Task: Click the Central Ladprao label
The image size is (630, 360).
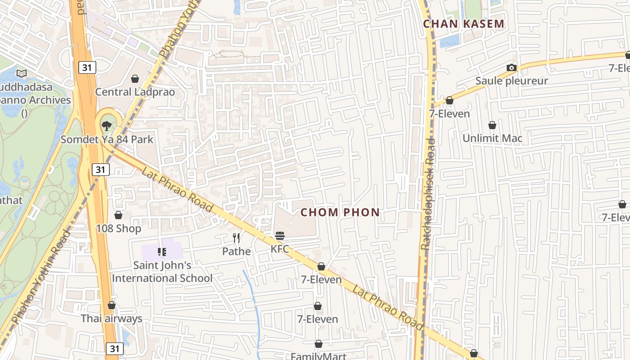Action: pos(135,92)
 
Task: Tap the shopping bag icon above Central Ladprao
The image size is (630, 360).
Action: pos(135,79)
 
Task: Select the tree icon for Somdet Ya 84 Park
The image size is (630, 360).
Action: pos(107,126)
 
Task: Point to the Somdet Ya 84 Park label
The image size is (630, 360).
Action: pos(107,139)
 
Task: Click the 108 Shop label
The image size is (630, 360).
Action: pos(118,229)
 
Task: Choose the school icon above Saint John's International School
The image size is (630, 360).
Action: pos(162,252)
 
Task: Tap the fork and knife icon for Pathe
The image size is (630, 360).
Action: pos(236,238)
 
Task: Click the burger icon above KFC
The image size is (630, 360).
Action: pos(280,235)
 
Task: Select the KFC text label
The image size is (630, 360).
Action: pos(280,249)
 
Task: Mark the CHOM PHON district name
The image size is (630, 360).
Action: pos(340,212)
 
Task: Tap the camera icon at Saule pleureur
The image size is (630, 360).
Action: pos(512,68)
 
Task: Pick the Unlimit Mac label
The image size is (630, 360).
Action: pos(492,138)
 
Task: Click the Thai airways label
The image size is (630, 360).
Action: pos(111,319)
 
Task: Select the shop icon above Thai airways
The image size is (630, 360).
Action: pos(111,306)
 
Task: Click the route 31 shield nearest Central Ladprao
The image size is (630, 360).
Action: pos(87,67)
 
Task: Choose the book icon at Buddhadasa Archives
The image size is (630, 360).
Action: pos(21,73)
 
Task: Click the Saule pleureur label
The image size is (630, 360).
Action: pos(512,81)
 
